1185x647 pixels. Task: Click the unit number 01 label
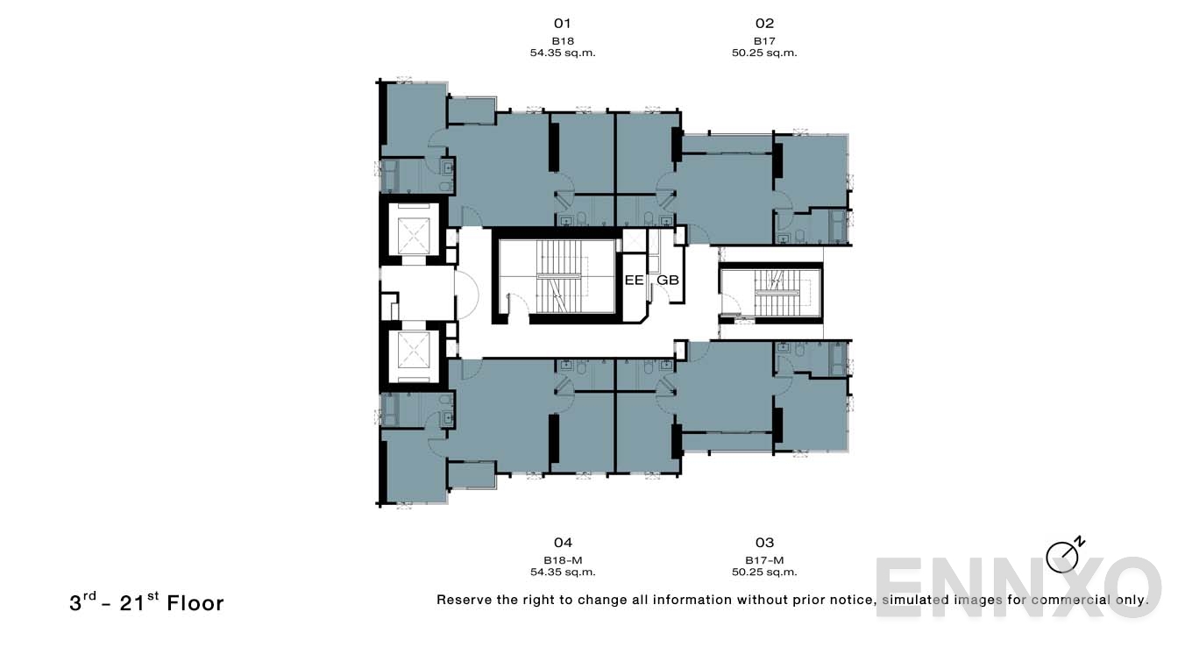click(563, 24)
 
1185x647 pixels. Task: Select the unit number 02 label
click(764, 24)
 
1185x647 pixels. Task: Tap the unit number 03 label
click(764, 543)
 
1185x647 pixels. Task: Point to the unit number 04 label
click(563, 543)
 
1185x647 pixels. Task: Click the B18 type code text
click(563, 41)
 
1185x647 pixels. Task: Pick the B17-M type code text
click(764, 560)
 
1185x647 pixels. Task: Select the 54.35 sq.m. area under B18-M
click(563, 572)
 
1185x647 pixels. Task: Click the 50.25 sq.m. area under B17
click(764, 53)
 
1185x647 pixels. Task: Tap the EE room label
click(634, 281)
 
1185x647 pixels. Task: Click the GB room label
click(668, 281)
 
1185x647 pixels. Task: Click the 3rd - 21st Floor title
click(146, 603)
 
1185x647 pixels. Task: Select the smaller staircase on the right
click(772, 292)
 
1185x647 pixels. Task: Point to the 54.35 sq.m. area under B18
click(563, 53)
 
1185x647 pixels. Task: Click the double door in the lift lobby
click(465, 294)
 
